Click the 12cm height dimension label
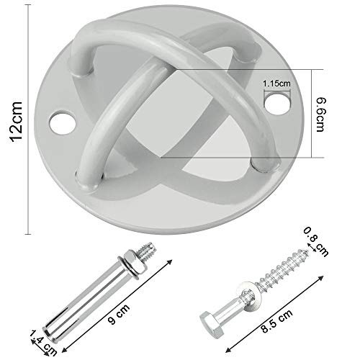click(x=17, y=122)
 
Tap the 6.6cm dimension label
click(x=320, y=114)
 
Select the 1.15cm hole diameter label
click(x=276, y=84)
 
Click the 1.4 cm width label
click(x=43, y=343)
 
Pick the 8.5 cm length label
click(x=276, y=321)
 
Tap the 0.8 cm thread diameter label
click(x=315, y=241)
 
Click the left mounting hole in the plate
click(x=63, y=122)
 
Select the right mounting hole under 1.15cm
click(x=276, y=103)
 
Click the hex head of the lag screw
click(x=212, y=324)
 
